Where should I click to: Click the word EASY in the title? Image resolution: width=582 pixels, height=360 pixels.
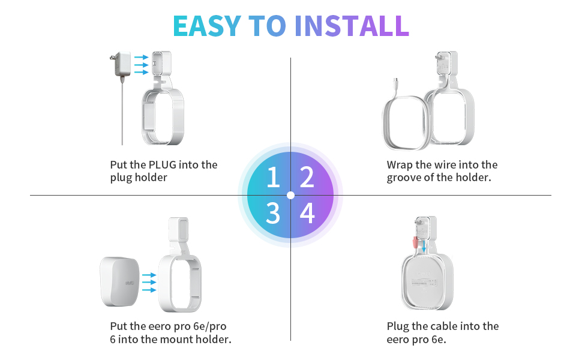[x=206, y=25]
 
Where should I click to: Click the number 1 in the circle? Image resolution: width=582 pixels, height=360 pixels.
[x=273, y=178]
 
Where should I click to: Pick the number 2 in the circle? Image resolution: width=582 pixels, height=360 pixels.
[x=307, y=178]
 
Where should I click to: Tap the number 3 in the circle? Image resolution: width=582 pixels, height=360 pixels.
[x=273, y=213]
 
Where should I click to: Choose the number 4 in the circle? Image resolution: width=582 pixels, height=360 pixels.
[x=307, y=213]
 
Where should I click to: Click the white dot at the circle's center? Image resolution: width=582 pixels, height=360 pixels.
[x=290, y=195]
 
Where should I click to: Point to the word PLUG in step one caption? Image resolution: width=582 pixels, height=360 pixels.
[x=163, y=164]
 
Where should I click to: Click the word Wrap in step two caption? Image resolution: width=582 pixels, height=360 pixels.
[x=400, y=164]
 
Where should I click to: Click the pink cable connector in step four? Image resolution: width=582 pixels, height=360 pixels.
[x=414, y=244]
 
